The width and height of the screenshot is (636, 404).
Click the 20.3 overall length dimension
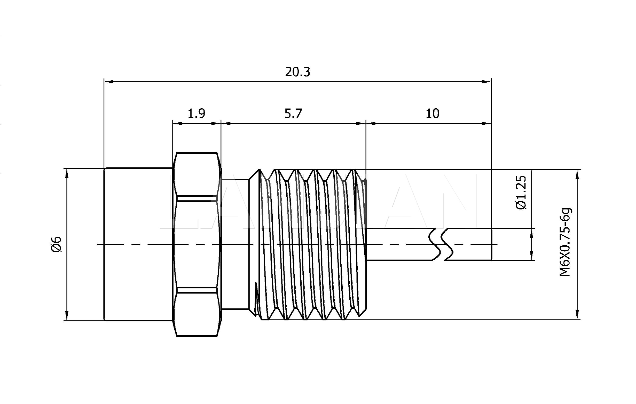(x=297, y=72)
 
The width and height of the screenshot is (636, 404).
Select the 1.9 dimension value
(x=196, y=114)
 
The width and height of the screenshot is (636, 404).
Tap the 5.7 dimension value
(x=293, y=114)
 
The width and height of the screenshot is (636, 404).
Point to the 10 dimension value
(x=432, y=114)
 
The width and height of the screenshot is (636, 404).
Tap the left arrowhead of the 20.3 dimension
(x=108, y=81)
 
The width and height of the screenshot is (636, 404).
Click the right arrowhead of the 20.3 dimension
(x=487, y=81)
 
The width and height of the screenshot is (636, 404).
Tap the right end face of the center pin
(x=491, y=244)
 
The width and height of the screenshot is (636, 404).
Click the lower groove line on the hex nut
(x=197, y=290)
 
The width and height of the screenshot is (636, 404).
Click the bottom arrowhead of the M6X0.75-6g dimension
(x=577, y=315)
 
